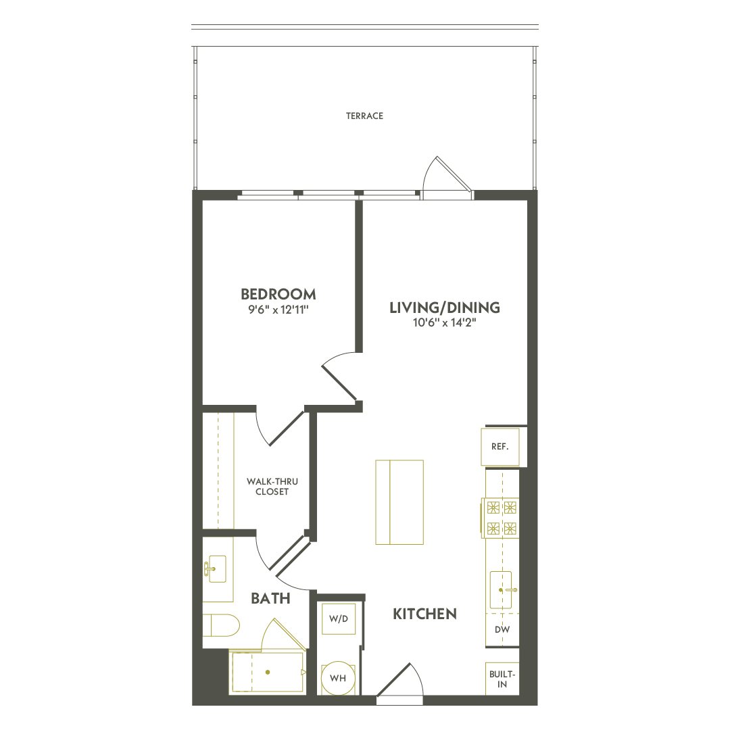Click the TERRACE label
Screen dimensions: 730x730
click(364, 116)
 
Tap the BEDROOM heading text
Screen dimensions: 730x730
click(278, 294)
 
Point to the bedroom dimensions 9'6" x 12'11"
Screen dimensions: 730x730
click(279, 310)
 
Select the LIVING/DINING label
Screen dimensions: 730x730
click(445, 308)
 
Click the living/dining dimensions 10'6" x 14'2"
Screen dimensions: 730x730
click(445, 322)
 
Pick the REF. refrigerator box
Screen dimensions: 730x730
click(500, 447)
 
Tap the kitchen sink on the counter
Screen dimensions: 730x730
click(501, 590)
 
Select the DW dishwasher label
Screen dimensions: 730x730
click(502, 629)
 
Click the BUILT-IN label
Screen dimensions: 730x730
click(502, 679)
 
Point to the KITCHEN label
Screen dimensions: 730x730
click(424, 614)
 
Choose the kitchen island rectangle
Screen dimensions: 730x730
click(399, 502)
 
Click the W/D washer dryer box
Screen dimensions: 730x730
click(339, 618)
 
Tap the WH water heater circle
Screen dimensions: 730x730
click(338, 679)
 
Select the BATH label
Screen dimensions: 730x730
click(270, 598)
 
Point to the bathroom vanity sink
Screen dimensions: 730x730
click(215, 569)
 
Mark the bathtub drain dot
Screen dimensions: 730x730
click(268, 673)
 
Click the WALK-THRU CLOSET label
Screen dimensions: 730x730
click(272, 487)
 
